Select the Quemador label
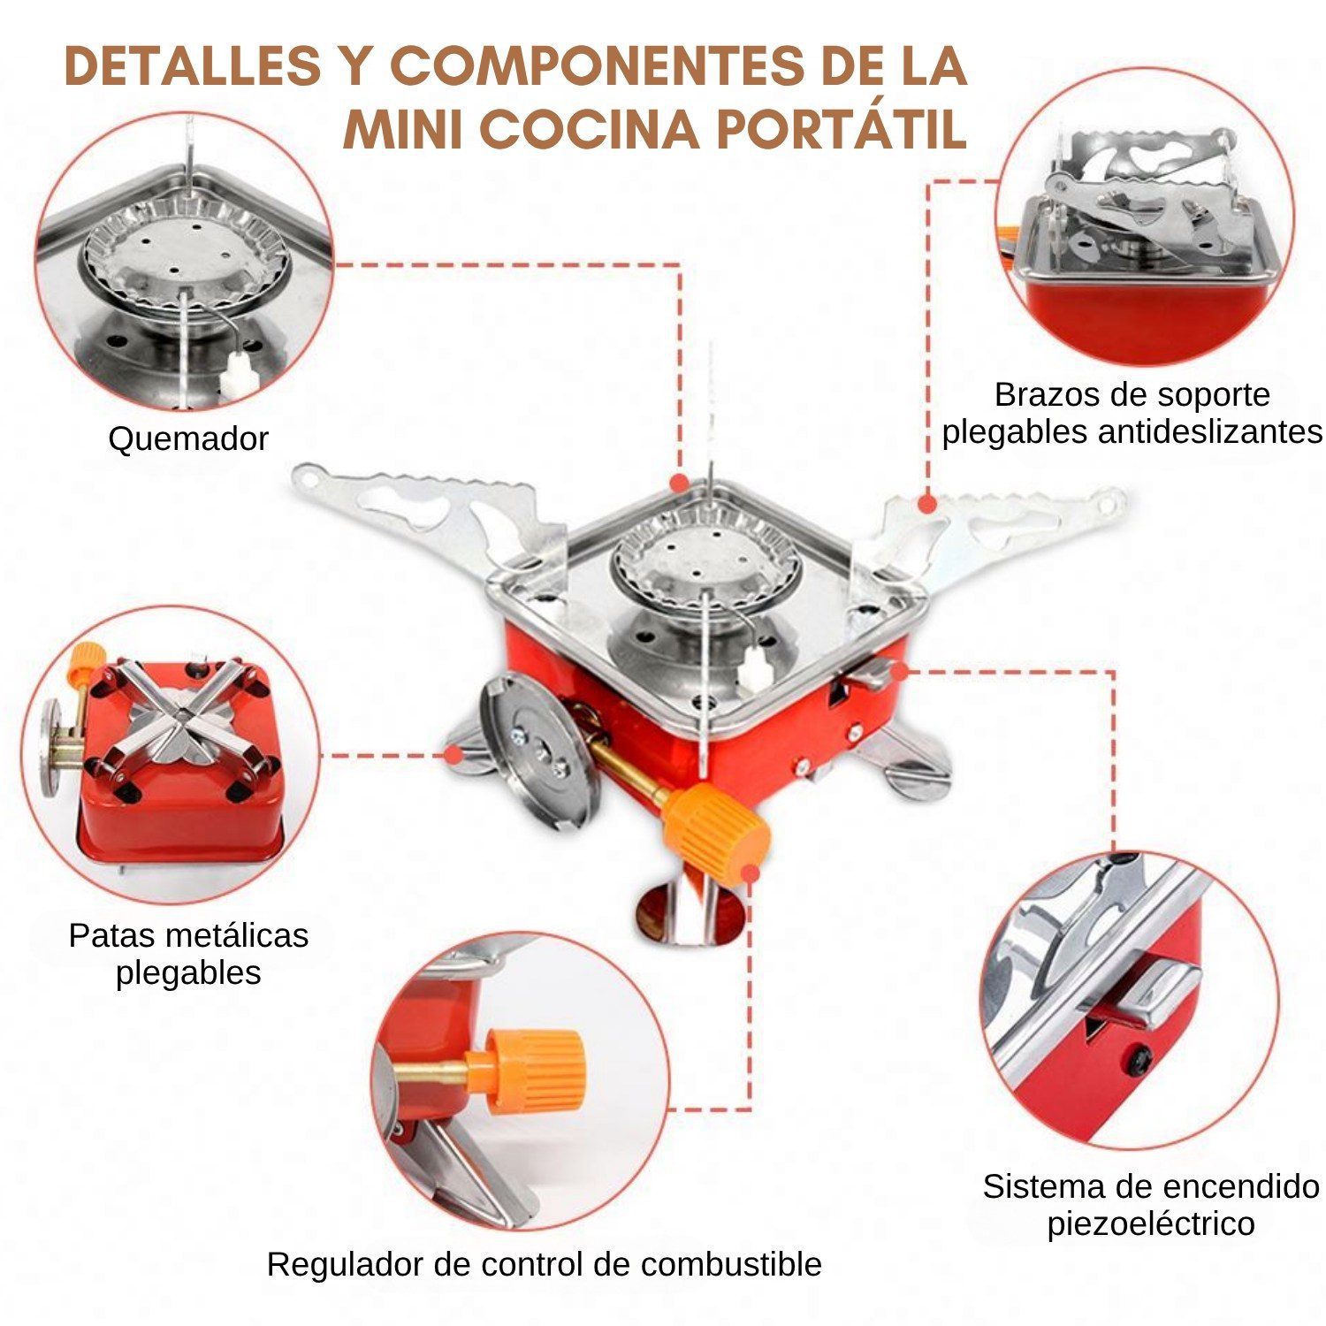pyautogui.click(x=188, y=438)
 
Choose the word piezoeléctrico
pyautogui.click(x=1151, y=1224)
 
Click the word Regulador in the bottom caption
pyautogui.click(x=345, y=1265)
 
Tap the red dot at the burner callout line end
pyautogui.click(x=679, y=483)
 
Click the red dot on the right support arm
pyautogui.click(x=926, y=504)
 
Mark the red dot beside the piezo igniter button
pyautogui.click(x=899, y=671)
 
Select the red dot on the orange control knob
pyautogui.click(x=751, y=873)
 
